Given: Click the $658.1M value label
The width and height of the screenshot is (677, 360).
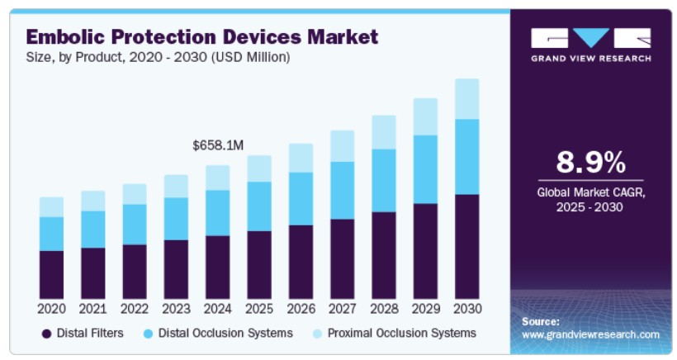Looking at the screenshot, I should (x=218, y=145).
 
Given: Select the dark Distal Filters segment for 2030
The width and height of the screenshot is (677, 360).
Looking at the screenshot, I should (x=467, y=246).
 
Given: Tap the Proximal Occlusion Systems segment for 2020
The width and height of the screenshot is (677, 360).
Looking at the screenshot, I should (x=51, y=206).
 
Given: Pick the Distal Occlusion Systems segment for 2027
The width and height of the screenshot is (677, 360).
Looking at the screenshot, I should (x=343, y=190).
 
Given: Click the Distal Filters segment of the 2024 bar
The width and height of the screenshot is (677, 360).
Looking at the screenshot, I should (x=218, y=266).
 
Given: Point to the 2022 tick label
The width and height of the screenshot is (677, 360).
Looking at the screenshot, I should (x=135, y=309).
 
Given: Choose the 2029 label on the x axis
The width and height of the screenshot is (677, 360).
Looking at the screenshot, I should (x=425, y=309).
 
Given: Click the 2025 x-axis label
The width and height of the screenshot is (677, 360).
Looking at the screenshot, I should (x=259, y=309).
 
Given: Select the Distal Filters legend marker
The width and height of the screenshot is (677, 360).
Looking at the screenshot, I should (x=47, y=334).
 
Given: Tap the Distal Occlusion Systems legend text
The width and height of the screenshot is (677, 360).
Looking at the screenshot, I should (x=225, y=333).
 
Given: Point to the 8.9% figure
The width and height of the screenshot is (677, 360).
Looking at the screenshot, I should (x=589, y=163).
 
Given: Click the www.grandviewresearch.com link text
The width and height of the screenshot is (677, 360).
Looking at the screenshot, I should (x=590, y=334).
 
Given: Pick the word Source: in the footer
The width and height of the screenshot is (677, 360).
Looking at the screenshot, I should (x=541, y=320).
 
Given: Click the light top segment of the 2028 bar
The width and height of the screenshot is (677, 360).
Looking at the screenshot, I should (x=384, y=132).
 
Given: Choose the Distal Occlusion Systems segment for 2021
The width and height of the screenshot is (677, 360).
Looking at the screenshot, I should (x=93, y=229).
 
